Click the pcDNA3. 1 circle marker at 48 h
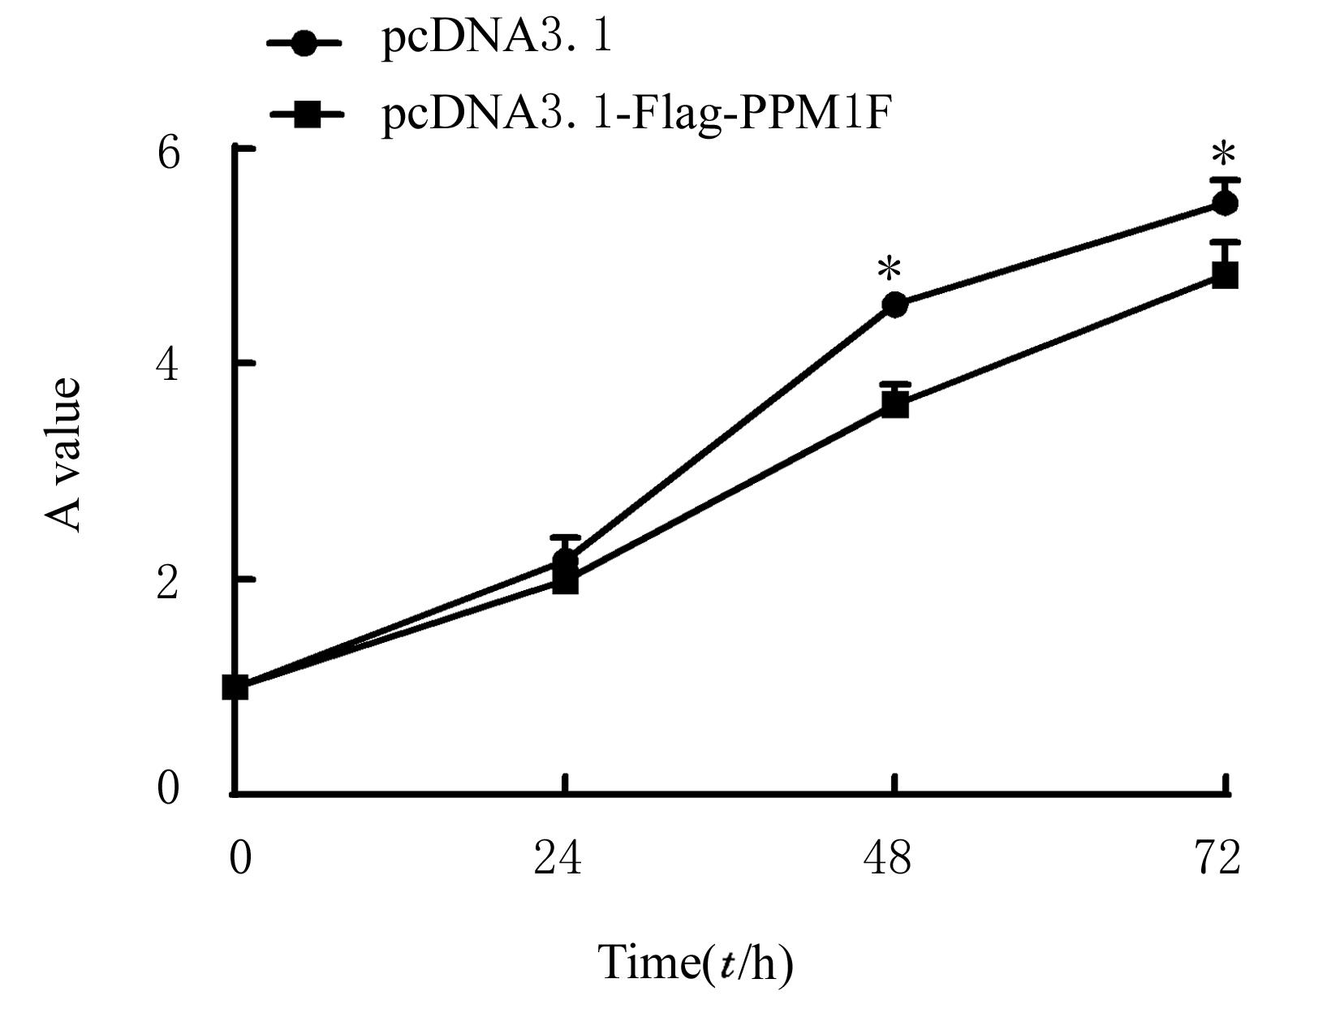pyautogui.click(x=894, y=305)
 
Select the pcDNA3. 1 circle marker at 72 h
pyautogui.click(x=1225, y=203)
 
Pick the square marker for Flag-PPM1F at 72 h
pyautogui.click(x=1225, y=275)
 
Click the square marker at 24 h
pyautogui.click(x=565, y=581)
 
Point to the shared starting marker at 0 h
pyautogui.click(x=235, y=688)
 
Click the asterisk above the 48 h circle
pyautogui.click(x=890, y=269)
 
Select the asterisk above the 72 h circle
pyautogui.click(x=1222, y=155)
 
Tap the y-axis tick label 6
pyautogui.click(x=168, y=152)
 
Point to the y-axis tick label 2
pyautogui.click(x=168, y=581)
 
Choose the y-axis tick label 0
pyautogui.click(x=168, y=787)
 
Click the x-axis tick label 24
pyautogui.click(x=558, y=857)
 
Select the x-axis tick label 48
pyautogui.click(x=887, y=857)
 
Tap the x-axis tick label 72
pyautogui.click(x=1217, y=857)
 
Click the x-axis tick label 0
pyautogui.click(x=240, y=857)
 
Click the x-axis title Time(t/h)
pyautogui.click(x=696, y=964)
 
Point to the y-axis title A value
pyautogui.click(x=64, y=454)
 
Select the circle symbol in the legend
pyautogui.click(x=305, y=43)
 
